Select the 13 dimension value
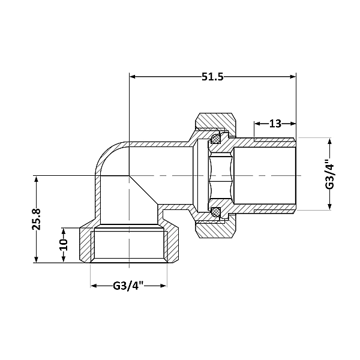click(275, 124)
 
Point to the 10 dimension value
click(64, 245)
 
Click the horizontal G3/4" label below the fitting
click(128, 286)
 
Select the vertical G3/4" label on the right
click(329, 174)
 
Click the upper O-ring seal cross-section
click(215, 140)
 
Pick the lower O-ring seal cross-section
click(215, 211)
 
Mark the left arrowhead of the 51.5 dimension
click(133, 77)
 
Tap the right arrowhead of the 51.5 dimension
click(292, 77)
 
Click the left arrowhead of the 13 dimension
click(257, 124)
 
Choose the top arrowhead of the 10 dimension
click(64, 230)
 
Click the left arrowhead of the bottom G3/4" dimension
click(94, 286)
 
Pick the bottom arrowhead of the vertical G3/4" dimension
click(329, 207)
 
